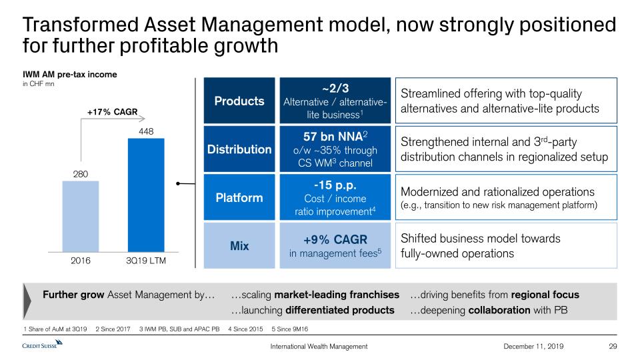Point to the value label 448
coord(146,131)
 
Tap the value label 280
coord(80,174)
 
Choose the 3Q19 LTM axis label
coord(145,261)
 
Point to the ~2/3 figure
coord(335,89)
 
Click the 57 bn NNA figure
coord(335,137)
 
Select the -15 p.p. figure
coord(335,185)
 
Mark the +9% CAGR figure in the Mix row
coord(335,239)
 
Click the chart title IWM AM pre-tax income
coord(70,74)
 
